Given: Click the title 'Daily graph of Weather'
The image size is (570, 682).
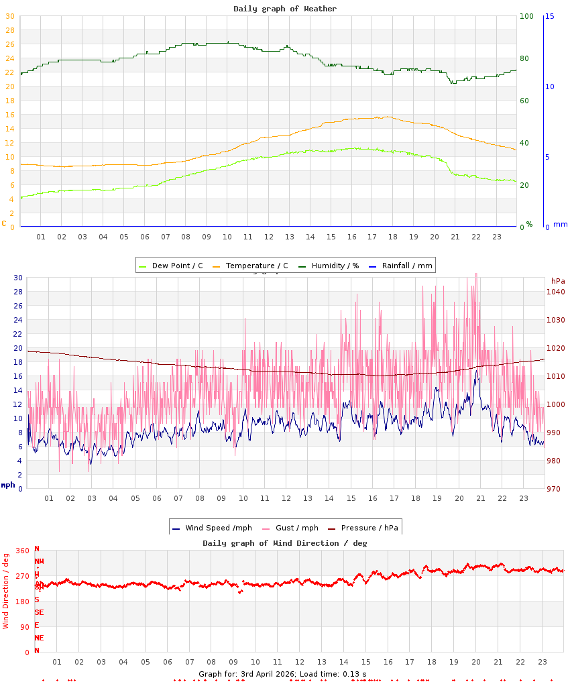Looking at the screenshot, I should tap(285, 9).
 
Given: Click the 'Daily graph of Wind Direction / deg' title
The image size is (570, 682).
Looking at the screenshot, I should tap(285, 543).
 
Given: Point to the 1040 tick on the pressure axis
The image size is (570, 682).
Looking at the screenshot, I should tap(555, 292).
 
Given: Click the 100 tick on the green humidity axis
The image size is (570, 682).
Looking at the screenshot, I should tap(526, 16).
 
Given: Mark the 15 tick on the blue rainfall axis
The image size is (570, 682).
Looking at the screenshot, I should tap(549, 16).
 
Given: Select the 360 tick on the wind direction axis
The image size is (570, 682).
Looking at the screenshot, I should tap(22, 551).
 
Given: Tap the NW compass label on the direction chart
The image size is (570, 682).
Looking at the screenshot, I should tap(40, 561).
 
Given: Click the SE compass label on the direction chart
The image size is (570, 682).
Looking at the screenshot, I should tap(40, 612).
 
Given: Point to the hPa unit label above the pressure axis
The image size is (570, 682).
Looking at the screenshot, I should tap(558, 281).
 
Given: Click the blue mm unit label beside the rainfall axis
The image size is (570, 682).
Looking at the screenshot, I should tap(560, 225).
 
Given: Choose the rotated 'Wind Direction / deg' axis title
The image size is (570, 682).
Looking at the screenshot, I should tap(6, 591).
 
